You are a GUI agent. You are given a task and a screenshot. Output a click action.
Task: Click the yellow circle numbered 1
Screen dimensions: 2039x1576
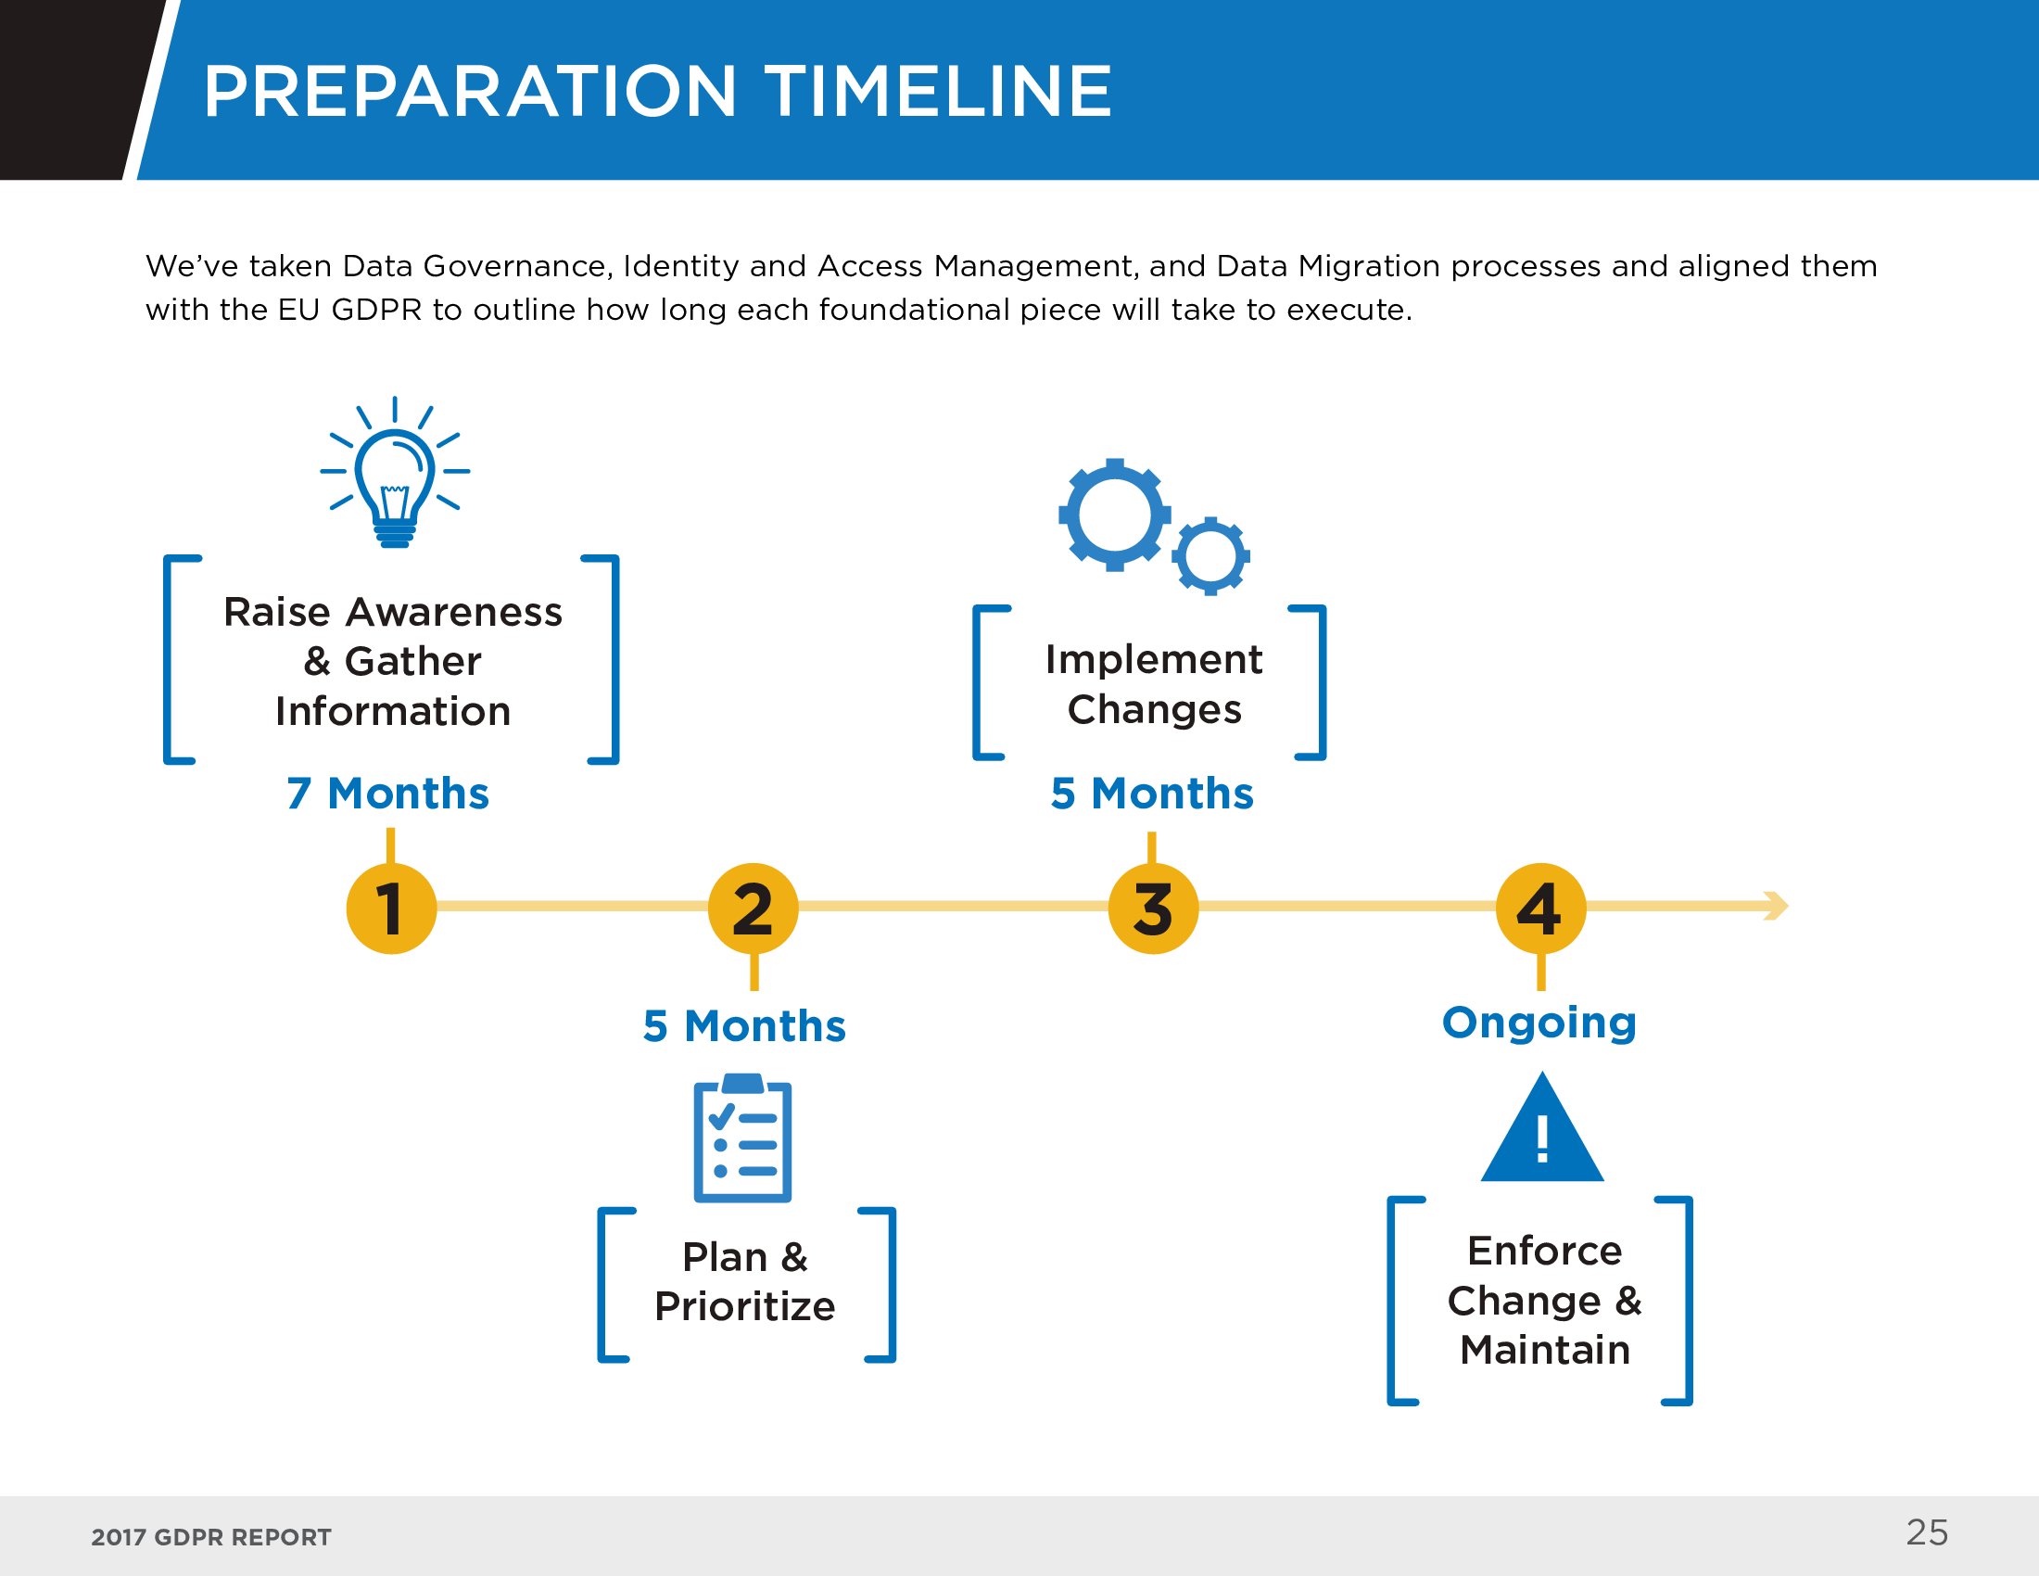coord(391,909)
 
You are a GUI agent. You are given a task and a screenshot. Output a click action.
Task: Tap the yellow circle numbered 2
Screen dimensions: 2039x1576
coord(754,909)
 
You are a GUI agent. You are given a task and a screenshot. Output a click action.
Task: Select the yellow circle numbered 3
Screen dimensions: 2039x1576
coord(1153,909)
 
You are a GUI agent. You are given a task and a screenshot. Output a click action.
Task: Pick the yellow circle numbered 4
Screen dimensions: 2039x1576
coord(1541,909)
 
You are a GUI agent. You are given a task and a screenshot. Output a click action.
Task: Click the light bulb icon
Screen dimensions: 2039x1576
coord(395,473)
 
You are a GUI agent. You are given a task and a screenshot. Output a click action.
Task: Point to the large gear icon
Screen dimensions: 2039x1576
coord(1115,515)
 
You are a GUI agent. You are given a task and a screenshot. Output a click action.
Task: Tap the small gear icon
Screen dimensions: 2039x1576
coord(1211,556)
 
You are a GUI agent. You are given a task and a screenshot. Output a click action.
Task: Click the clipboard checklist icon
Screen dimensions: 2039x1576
coord(743,1138)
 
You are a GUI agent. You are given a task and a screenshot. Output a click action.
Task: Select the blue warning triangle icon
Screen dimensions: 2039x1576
coord(1542,1128)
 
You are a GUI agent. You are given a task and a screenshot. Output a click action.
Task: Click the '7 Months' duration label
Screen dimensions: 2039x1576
coord(387,794)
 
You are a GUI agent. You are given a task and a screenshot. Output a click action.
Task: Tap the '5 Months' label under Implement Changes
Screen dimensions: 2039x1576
coord(1152,794)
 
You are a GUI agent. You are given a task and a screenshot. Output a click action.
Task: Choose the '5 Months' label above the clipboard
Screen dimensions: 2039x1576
coord(744,1026)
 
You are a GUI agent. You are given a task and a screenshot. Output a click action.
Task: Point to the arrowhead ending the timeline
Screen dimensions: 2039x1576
coord(1777,906)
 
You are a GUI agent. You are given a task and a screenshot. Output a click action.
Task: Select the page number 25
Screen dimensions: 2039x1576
coord(1927,1533)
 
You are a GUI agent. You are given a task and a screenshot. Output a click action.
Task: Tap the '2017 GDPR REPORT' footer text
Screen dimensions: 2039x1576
coord(211,1538)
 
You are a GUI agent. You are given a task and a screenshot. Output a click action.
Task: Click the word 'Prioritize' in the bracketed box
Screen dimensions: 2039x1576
coord(745,1306)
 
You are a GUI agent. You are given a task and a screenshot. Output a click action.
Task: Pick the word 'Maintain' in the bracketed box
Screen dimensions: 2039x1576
coord(1545,1350)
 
